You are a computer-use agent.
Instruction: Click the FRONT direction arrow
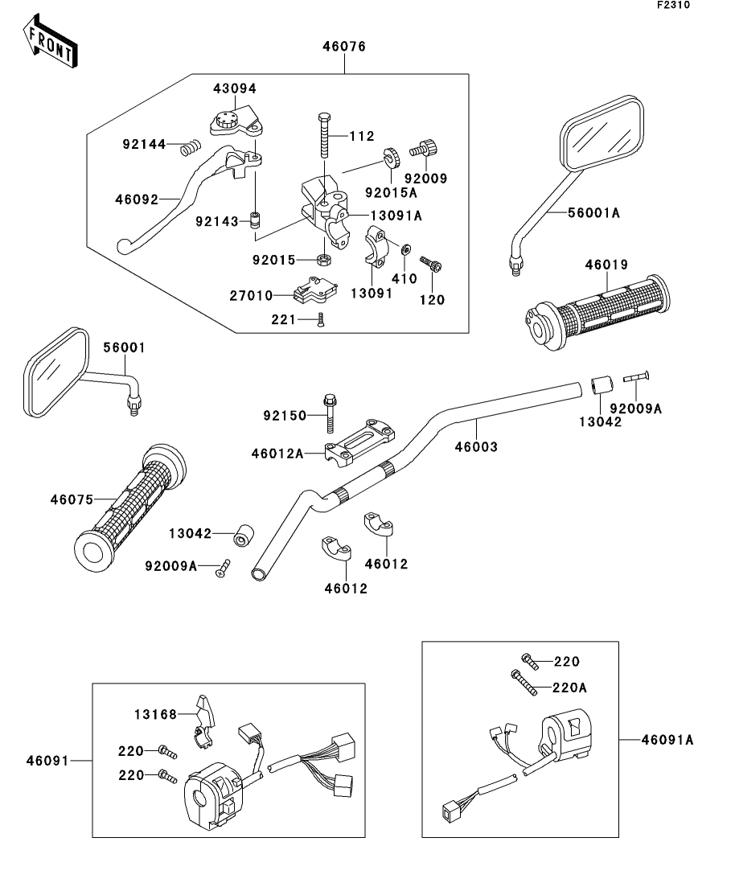pyautogui.click(x=50, y=41)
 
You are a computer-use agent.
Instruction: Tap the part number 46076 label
pyautogui.click(x=344, y=47)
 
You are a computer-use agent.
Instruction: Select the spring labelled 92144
pyautogui.click(x=190, y=148)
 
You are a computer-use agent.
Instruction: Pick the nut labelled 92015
pyautogui.click(x=323, y=260)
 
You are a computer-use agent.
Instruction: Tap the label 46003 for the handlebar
pyautogui.click(x=476, y=447)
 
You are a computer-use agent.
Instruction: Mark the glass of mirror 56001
pyautogui.click(x=56, y=371)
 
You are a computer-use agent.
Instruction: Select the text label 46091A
pyautogui.click(x=667, y=739)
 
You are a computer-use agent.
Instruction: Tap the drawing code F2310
pyautogui.click(x=673, y=5)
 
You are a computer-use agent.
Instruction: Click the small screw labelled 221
pyautogui.click(x=321, y=320)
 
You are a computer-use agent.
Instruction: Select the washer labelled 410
pyautogui.click(x=405, y=249)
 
